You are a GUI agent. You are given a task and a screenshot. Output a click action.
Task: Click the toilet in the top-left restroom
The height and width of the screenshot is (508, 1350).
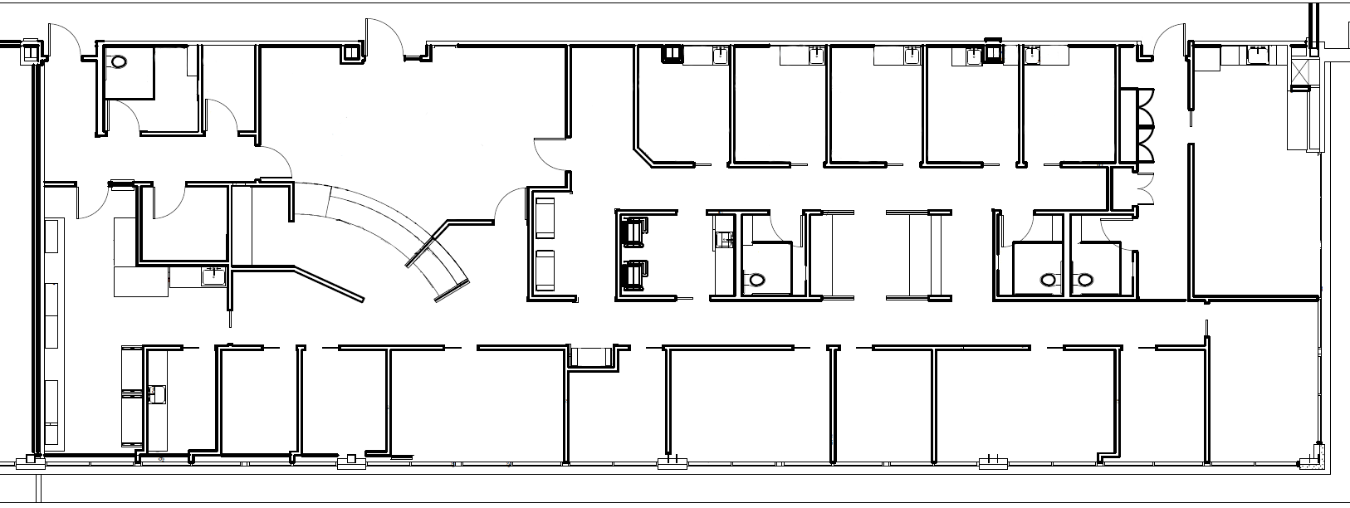click(x=119, y=61)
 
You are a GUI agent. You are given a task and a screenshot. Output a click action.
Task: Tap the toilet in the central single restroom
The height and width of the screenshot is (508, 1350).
click(x=755, y=281)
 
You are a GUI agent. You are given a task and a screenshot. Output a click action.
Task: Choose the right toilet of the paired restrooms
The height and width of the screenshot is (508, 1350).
click(x=1083, y=281)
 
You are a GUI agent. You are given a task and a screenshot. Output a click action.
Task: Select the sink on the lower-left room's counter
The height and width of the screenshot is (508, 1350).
click(x=157, y=392)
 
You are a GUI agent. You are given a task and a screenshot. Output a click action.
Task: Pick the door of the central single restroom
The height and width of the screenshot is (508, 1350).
click(x=780, y=229)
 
